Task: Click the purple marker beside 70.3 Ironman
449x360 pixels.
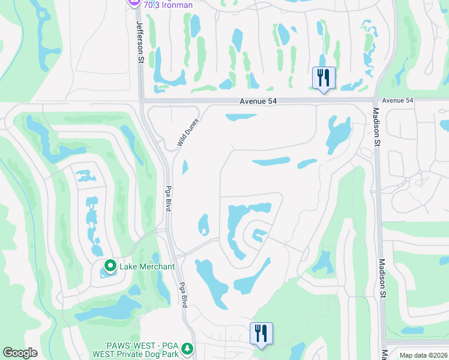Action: coord(134,3)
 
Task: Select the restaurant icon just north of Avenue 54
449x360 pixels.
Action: coord(324,78)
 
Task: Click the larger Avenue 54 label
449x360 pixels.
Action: coord(258,101)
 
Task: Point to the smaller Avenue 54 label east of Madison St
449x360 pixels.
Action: coord(397,100)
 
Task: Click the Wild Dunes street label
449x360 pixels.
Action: coord(187,132)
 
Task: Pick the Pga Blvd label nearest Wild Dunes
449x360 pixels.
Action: coord(168,197)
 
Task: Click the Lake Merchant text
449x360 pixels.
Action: coord(147,266)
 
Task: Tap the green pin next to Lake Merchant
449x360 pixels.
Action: coord(110,265)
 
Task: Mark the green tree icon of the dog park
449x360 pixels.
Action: coord(187,348)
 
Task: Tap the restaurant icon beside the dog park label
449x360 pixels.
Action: coord(261,333)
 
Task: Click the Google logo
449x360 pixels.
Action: coord(20,353)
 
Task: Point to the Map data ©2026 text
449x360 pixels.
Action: coord(423,355)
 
